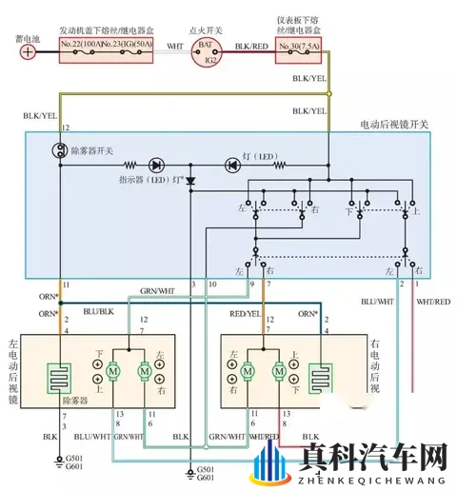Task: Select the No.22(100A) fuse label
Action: coord(80,45)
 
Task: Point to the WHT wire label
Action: coord(175,45)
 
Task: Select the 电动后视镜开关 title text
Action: coord(393,125)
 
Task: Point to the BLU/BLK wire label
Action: coord(99,311)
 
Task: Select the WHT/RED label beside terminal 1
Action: coord(433,302)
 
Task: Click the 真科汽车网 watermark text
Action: coord(371,460)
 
